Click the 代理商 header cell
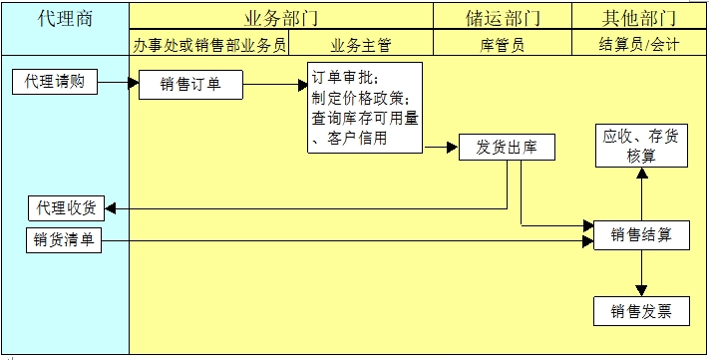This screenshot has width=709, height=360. [x=65, y=18]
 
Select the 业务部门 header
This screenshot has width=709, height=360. [x=281, y=18]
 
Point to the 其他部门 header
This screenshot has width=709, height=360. [x=639, y=18]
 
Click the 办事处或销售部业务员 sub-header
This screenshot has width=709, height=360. [x=209, y=44]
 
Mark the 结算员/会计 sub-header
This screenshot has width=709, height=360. [x=639, y=44]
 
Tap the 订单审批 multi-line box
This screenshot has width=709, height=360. [x=364, y=108]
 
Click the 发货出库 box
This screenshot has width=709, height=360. [x=507, y=148]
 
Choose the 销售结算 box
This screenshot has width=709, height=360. [x=641, y=235]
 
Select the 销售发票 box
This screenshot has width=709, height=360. [x=641, y=311]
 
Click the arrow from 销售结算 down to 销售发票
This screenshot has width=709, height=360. [x=641, y=272]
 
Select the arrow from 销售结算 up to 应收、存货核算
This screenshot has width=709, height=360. [x=641, y=193]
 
